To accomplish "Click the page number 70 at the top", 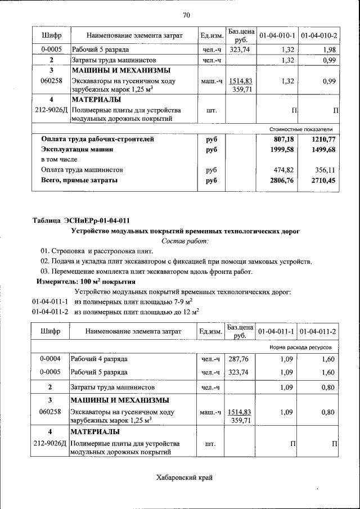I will click(x=186, y=15).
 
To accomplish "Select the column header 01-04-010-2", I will click(x=319, y=36).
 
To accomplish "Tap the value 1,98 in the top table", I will click(x=328, y=49).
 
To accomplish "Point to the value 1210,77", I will click(x=324, y=139).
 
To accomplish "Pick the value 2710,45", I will click(x=324, y=181).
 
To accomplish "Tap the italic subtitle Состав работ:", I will click(x=184, y=241).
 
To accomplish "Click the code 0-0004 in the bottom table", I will click(x=50, y=358).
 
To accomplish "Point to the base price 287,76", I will click(x=238, y=358).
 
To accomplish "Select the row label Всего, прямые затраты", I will click(x=79, y=181).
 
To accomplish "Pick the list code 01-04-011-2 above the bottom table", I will click(x=50, y=311).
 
